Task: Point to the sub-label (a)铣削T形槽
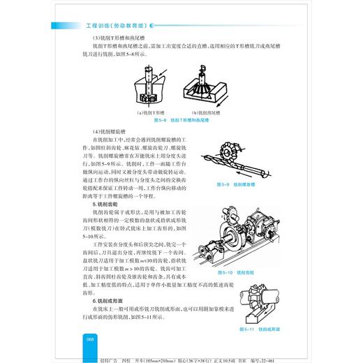point(150,112)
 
